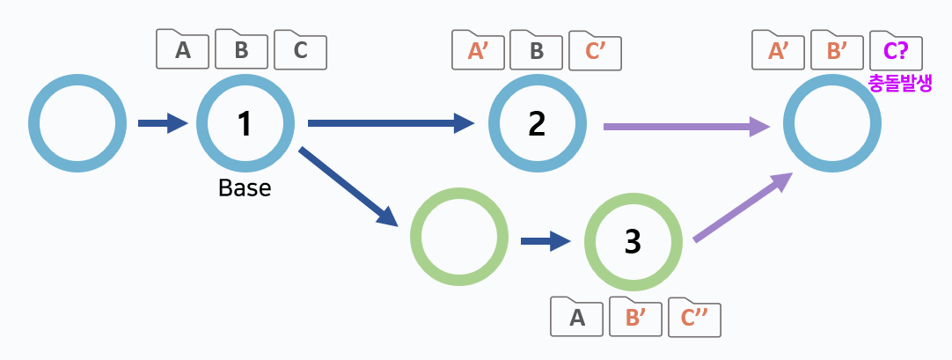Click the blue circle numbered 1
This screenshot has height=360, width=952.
coord(245,123)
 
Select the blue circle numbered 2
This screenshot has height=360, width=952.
coord(537,123)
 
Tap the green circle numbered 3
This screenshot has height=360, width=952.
coord(633,241)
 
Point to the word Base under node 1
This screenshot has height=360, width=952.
coord(245,188)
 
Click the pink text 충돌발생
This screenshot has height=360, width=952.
coord(899,83)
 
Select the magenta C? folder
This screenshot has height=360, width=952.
coord(896,50)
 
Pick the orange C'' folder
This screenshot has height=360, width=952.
coord(694,317)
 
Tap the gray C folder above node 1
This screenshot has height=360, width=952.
coord(300,50)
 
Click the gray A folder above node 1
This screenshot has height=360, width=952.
coord(183,50)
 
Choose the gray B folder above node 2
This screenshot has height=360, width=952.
coord(537,50)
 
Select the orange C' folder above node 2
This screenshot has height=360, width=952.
coord(596,50)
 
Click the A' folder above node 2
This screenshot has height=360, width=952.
coord(478,50)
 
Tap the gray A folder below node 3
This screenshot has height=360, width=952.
coord(577,317)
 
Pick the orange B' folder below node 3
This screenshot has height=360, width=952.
coord(635,317)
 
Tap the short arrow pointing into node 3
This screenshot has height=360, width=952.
coord(546,240)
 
